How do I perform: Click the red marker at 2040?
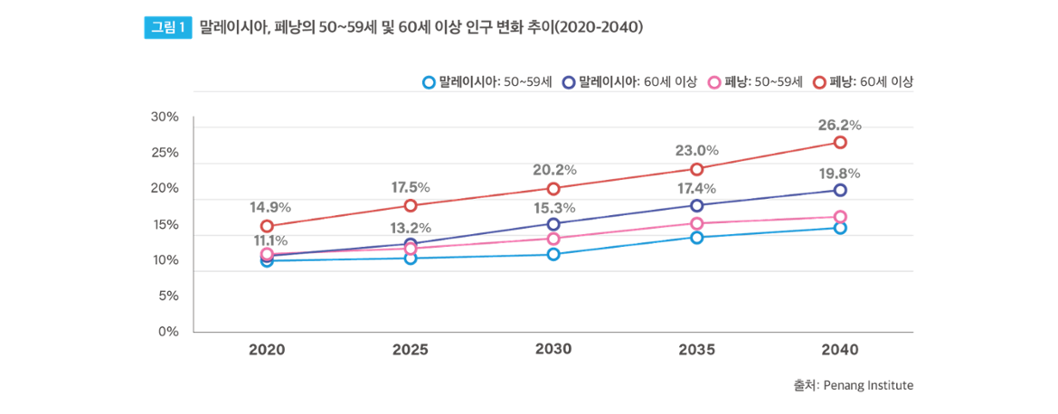point(840,142)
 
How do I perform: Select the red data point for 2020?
point(267,226)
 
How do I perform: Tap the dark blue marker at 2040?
point(840,190)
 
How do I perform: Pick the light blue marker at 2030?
point(553,254)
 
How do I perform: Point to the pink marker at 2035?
point(697,223)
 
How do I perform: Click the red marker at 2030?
point(553,188)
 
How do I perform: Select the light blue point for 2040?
point(840,228)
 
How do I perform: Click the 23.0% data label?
point(695,150)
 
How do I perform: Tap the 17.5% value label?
point(410,187)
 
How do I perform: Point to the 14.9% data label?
point(267,207)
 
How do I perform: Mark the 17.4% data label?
point(695,188)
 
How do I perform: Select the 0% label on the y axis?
point(168,332)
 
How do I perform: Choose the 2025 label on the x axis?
point(411,351)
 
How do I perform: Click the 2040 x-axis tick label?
point(840,351)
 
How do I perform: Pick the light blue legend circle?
point(429,82)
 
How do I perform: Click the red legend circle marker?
point(819,82)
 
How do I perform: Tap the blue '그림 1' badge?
point(167,28)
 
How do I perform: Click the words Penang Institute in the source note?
point(867,385)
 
